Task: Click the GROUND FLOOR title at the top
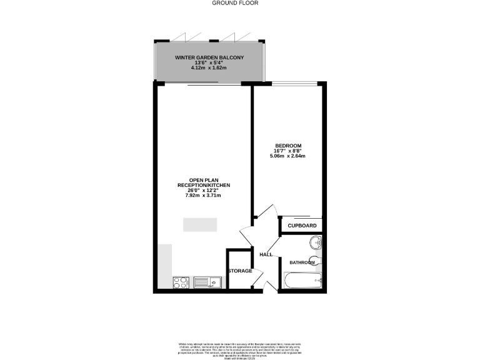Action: [235, 3]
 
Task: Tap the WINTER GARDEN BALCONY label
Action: [209, 57]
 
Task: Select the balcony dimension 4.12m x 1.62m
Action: [209, 67]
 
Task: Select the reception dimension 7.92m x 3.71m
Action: [204, 196]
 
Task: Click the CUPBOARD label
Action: [302, 226]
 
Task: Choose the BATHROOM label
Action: [302, 262]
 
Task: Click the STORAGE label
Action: [240, 271]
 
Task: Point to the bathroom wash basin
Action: [316, 243]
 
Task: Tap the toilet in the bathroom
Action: [316, 260]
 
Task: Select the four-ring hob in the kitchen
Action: [181, 282]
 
